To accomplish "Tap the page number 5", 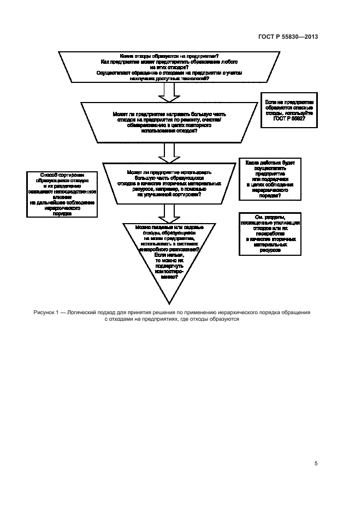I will coord(316,463).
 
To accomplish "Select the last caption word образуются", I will coord(224,320).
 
